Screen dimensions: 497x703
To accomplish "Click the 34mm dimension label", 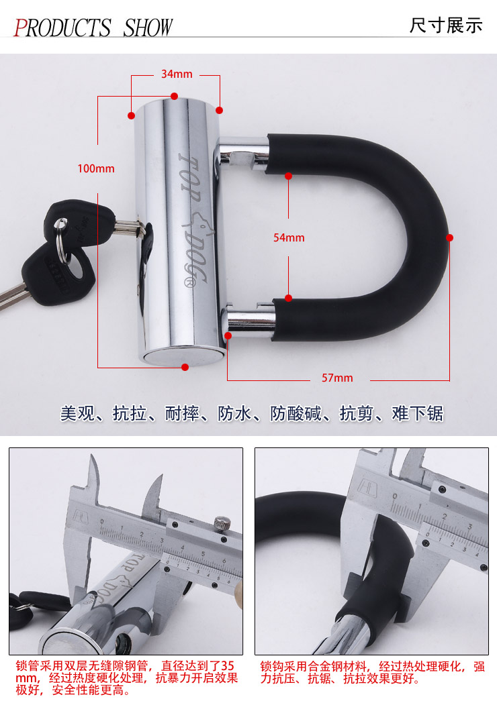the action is [x=177, y=74].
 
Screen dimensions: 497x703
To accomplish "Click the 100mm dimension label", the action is [x=96, y=168].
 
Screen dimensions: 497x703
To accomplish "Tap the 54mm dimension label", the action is [x=289, y=237].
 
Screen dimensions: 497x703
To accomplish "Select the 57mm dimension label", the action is [x=337, y=378].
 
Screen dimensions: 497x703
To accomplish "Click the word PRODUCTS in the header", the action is [x=62, y=28].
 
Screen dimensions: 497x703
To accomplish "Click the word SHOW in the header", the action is [x=148, y=28].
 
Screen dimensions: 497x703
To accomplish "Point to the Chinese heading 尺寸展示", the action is [x=446, y=25].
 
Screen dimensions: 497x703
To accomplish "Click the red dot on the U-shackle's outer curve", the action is [x=450, y=237].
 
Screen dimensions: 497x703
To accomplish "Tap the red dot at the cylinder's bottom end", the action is [x=185, y=367].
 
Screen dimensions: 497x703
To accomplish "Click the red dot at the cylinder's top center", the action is [x=174, y=96].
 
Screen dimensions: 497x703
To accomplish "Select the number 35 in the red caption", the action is [x=228, y=666].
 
